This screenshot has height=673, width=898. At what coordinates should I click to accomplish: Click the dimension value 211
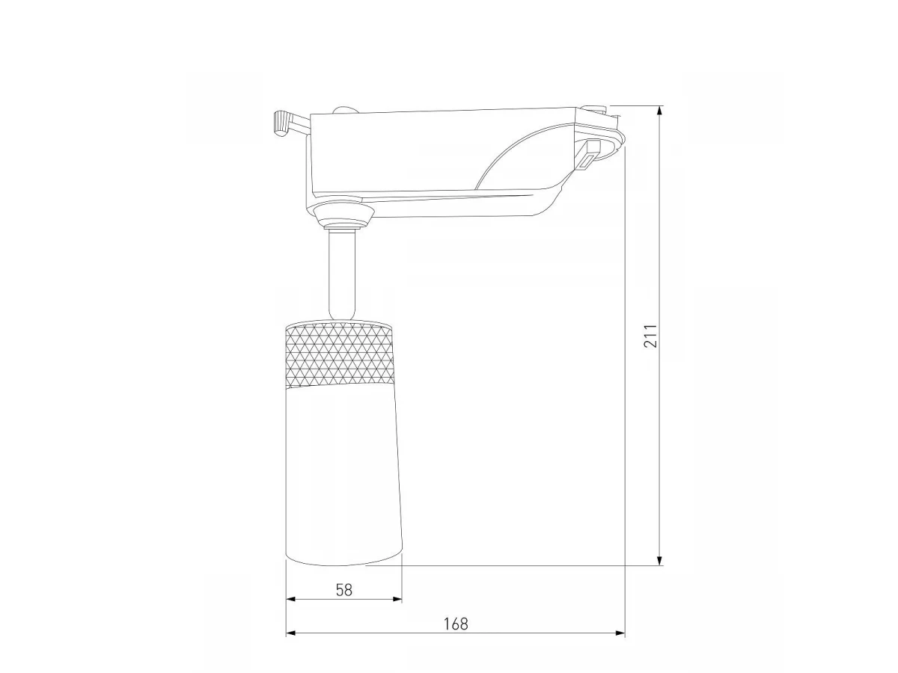click(650, 336)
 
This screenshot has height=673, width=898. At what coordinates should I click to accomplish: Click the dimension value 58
click(344, 590)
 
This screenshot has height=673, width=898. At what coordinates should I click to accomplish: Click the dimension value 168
click(456, 624)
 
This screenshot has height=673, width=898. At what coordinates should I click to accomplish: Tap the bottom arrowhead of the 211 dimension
click(659, 560)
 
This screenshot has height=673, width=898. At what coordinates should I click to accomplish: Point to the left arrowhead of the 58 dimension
click(291, 599)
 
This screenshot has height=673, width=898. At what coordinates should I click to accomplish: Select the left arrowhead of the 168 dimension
click(291, 633)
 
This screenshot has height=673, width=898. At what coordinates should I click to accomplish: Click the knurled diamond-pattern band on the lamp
click(340, 354)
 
